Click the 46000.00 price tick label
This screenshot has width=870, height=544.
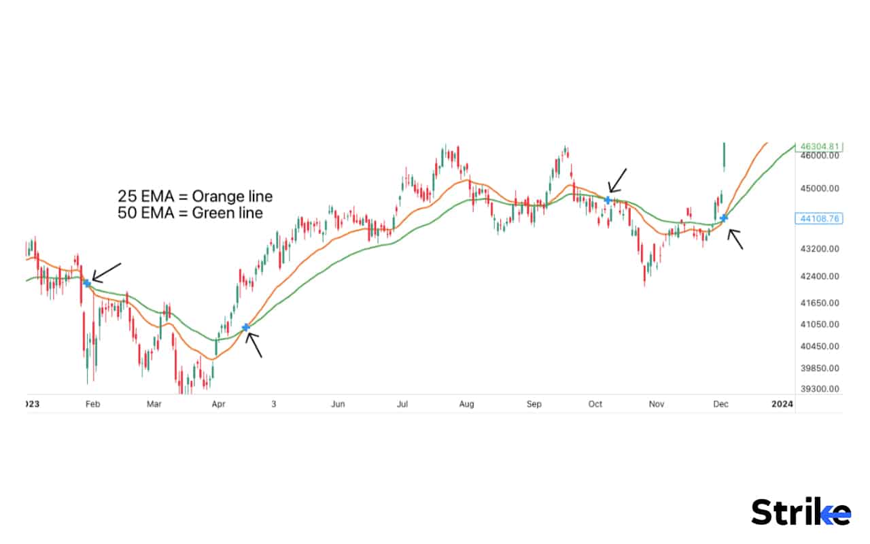pyautogui.click(x=820, y=156)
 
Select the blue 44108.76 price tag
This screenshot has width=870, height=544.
pyautogui.click(x=820, y=218)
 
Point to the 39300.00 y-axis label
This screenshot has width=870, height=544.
pyautogui.click(x=820, y=390)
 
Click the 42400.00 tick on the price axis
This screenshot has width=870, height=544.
pyautogui.click(x=820, y=277)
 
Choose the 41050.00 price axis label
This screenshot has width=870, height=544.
pyautogui.click(x=820, y=324)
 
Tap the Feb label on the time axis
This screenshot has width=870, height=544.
pyautogui.click(x=92, y=404)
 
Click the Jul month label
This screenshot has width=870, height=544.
pyautogui.click(x=402, y=404)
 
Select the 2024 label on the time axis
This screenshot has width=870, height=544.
pyautogui.click(x=782, y=404)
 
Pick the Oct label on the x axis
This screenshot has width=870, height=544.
pyautogui.click(x=595, y=404)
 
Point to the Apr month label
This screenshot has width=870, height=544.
pyautogui.click(x=218, y=404)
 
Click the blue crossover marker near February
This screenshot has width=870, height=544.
pyautogui.click(x=87, y=282)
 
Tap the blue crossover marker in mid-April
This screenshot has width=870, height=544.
pyautogui.click(x=246, y=327)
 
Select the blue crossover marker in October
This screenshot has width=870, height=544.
pyautogui.click(x=608, y=200)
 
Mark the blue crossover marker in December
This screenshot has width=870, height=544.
pyautogui.click(x=725, y=218)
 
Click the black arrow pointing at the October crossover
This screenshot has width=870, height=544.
pyautogui.click(x=617, y=180)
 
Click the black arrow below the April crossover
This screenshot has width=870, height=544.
pyautogui.click(x=253, y=345)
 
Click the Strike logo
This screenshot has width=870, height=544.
pyautogui.click(x=801, y=511)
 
